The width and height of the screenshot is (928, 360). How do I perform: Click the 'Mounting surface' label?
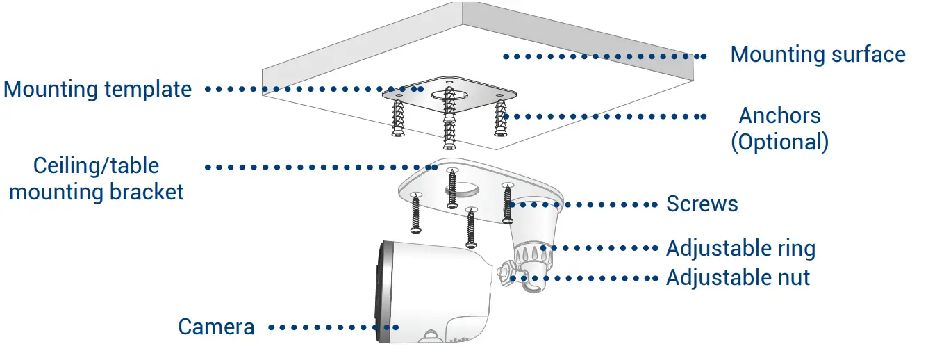point(818,54)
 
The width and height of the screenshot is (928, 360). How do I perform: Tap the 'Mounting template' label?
point(98,89)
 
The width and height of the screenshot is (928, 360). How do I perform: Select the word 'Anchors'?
point(779,115)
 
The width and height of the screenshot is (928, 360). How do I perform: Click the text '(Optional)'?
point(779,142)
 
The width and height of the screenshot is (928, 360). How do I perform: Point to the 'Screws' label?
point(702,204)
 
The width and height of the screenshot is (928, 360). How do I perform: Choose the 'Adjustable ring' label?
point(740,248)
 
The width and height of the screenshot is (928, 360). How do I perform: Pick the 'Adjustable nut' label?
point(738,277)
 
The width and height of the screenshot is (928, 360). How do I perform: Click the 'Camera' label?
point(216,327)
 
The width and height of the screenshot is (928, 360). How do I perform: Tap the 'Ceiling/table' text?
point(97,165)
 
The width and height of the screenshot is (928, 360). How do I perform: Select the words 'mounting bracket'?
point(97,192)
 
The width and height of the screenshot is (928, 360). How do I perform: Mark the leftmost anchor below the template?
point(399,118)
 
